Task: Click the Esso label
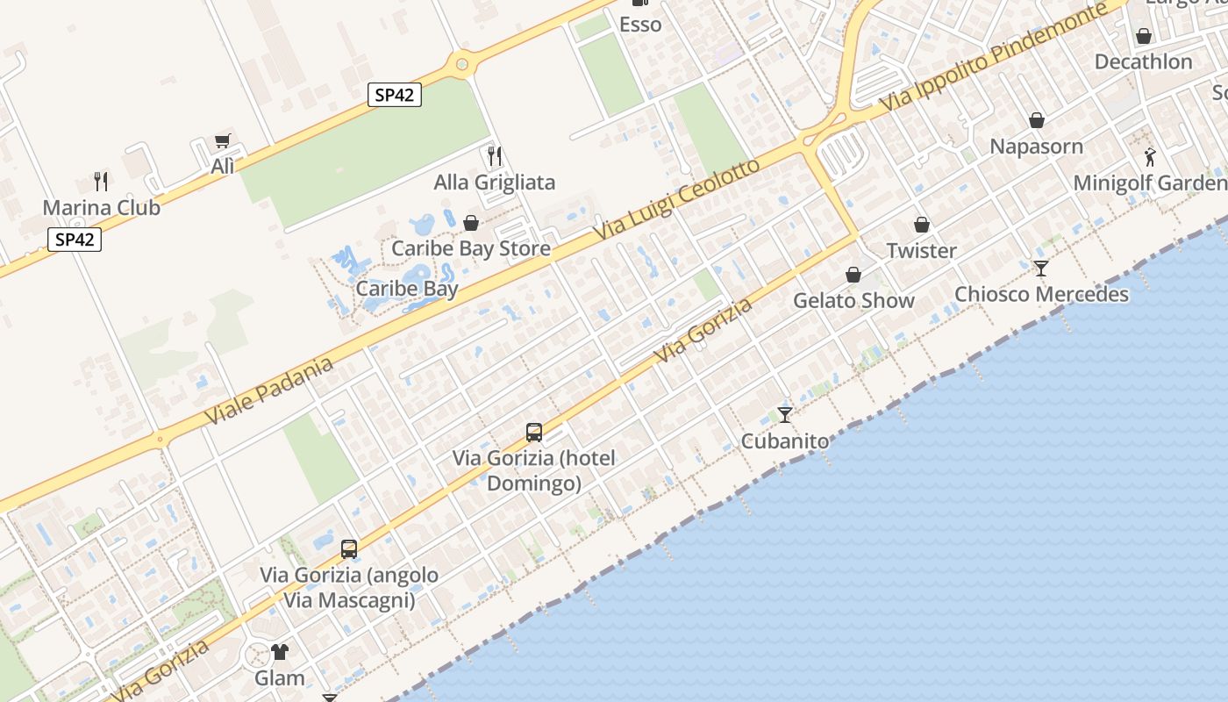(x=640, y=25)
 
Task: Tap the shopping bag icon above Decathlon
(x=1143, y=36)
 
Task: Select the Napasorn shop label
(x=1036, y=146)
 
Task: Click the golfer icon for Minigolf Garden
(x=1150, y=158)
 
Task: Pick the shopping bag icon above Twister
(x=921, y=226)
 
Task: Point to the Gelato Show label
(x=853, y=300)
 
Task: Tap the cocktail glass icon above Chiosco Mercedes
(x=1040, y=269)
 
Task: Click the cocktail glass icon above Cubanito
(x=785, y=415)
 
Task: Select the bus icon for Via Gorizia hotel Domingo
(x=534, y=433)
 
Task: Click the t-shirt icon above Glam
(x=280, y=652)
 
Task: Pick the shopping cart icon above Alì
(x=223, y=141)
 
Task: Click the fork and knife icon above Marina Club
(x=102, y=182)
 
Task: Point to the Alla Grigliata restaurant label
(x=495, y=183)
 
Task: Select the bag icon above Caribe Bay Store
(x=471, y=223)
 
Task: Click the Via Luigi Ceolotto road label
(x=675, y=202)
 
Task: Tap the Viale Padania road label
(x=270, y=390)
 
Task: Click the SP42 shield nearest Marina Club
(x=75, y=240)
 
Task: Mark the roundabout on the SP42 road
(x=461, y=63)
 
